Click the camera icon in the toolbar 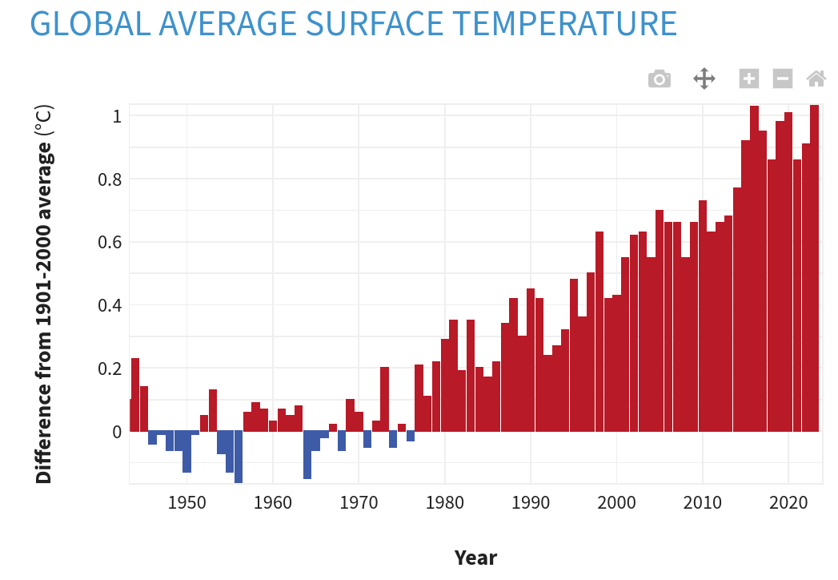(659, 79)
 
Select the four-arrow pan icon (704, 79)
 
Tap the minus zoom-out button (782, 79)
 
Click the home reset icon (816, 79)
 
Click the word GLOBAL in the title (90, 24)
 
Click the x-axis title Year (475, 558)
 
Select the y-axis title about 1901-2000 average (44, 294)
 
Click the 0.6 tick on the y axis (110, 242)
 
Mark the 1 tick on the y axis (117, 116)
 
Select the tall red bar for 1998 (599, 332)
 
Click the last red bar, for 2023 (814, 268)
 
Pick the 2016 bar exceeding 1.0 (754, 268)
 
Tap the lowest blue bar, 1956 (239, 457)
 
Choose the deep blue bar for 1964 (307, 454)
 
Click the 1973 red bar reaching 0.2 (384, 399)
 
